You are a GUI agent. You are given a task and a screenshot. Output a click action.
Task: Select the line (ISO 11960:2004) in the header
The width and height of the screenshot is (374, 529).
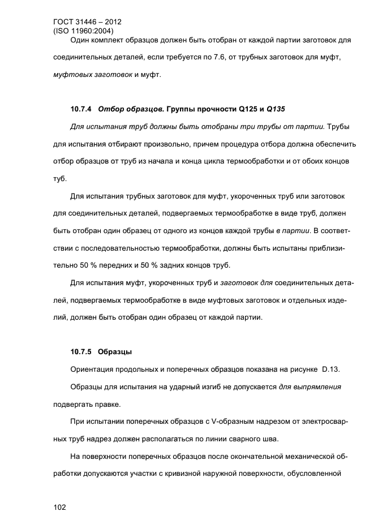coord(83,31)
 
